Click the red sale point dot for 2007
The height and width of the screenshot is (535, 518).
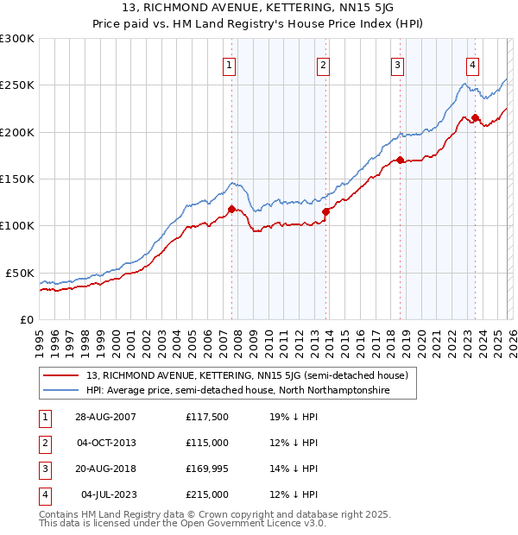coord(231,209)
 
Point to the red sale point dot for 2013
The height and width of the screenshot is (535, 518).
coord(325,211)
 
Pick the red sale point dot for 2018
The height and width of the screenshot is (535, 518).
coord(400,160)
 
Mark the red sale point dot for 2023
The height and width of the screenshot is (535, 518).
coord(475,118)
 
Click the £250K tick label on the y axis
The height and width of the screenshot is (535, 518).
coord(17,85)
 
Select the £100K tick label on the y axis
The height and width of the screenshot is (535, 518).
coord(17,226)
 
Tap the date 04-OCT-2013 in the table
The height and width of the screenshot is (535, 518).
coord(105,443)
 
